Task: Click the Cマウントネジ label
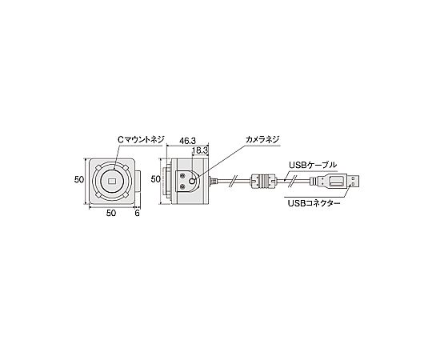[141, 139]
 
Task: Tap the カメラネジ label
[262, 139]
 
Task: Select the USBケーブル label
[313, 165]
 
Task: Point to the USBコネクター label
[314, 203]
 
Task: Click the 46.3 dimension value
[187, 141]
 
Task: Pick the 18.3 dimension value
[200, 150]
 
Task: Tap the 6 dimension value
[137, 213]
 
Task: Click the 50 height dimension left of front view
[79, 179]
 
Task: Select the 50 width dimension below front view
[111, 213]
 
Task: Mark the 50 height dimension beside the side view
[156, 179]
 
